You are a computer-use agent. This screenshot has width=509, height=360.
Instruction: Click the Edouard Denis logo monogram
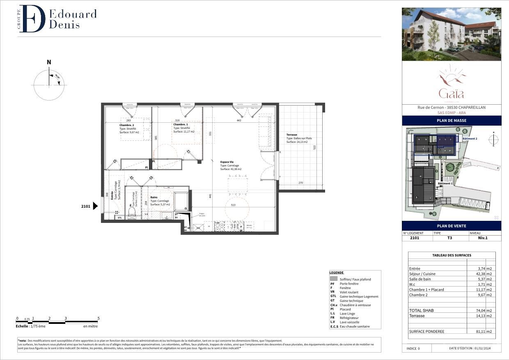point(32,19)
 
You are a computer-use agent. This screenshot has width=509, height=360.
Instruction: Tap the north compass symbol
point(49,85)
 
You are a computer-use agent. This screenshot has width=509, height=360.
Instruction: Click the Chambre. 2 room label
point(127,125)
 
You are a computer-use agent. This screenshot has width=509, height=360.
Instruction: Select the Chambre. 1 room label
point(181,124)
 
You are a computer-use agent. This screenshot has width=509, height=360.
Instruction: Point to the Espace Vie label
point(227,162)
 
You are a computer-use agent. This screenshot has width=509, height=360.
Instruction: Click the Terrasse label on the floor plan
point(292,135)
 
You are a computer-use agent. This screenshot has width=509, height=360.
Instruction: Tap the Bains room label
point(154,197)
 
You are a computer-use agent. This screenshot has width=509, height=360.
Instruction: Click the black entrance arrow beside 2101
point(96,206)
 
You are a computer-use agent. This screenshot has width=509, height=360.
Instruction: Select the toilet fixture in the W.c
point(132,212)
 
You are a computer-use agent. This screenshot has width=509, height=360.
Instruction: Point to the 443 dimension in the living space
point(238,120)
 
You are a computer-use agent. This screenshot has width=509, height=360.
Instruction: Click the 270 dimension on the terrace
point(300,183)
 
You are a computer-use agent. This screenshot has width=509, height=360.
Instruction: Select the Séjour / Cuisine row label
point(422,274)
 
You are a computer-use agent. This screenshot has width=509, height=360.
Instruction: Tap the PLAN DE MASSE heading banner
point(452,121)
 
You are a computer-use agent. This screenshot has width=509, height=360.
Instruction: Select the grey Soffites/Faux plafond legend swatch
point(334,279)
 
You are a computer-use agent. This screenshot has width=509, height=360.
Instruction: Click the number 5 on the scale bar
point(98,318)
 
